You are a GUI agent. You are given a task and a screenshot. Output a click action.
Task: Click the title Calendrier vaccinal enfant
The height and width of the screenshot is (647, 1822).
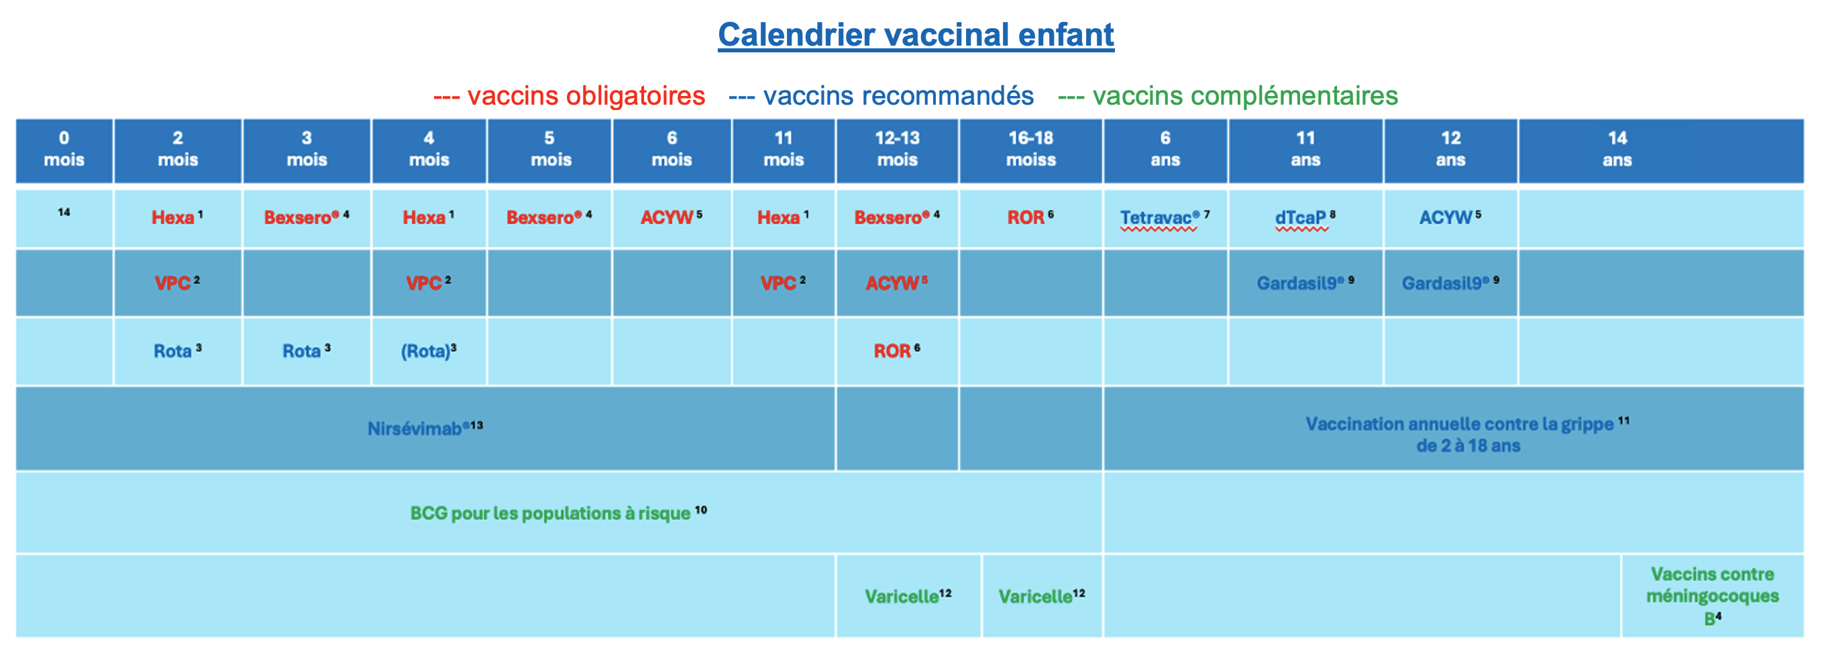point(915,35)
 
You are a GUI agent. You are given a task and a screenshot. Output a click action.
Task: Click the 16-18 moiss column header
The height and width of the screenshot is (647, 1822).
point(1030,150)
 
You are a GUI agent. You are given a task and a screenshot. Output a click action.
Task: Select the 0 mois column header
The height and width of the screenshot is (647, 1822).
point(64,150)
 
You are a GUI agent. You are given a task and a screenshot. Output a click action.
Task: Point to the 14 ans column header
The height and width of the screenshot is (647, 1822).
point(1617,150)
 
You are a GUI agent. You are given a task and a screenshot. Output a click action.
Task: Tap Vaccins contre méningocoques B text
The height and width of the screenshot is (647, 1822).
point(1712,595)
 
